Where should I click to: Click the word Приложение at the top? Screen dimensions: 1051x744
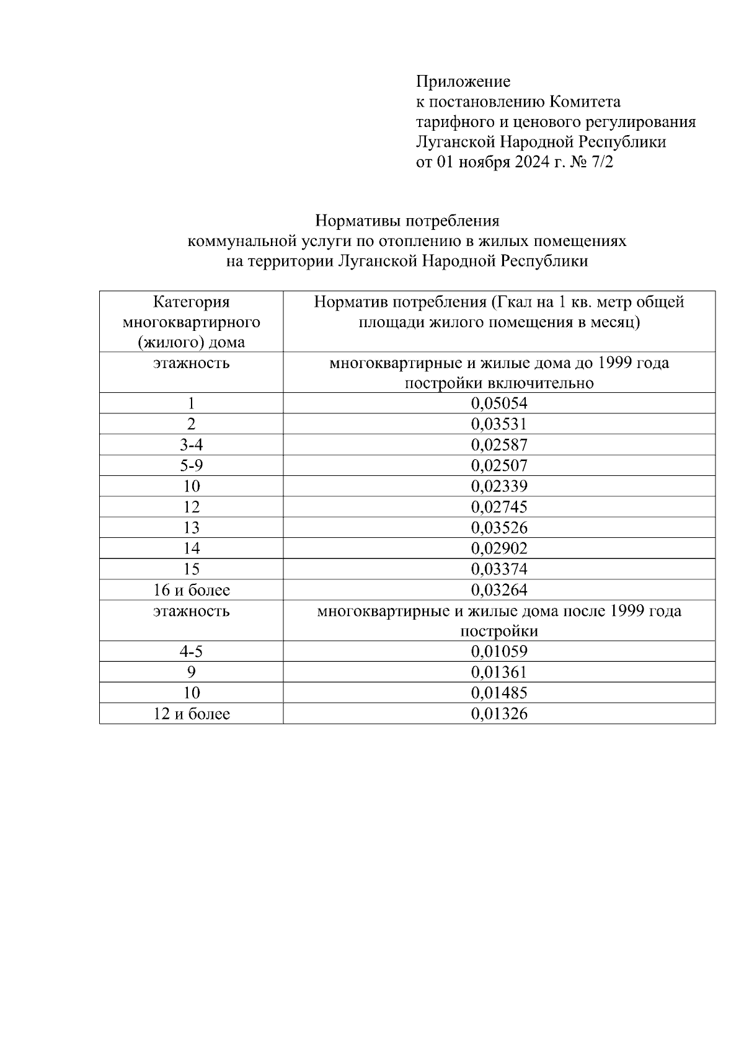click(463, 82)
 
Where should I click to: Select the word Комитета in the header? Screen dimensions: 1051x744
click(585, 102)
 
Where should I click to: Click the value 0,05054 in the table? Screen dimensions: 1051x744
click(499, 403)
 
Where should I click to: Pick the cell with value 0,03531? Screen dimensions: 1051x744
click(499, 424)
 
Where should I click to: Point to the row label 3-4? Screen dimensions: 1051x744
click(191, 445)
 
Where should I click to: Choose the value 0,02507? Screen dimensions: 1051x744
click(499, 465)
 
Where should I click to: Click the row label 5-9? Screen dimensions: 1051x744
click(191, 465)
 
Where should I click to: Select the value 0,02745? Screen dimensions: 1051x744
click(499, 507)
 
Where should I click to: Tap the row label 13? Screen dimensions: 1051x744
click(191, 527)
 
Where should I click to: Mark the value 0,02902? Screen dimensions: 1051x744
click(499, 548)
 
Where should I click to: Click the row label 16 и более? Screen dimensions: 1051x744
click(191, 590)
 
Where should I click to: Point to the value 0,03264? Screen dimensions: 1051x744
click(499, 590)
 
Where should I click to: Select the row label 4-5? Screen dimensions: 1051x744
click(191, 651)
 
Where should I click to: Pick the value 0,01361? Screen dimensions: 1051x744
click(499, 672)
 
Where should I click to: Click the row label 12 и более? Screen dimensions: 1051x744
click(191, 714)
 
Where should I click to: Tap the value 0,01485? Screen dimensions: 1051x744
click(499, 693)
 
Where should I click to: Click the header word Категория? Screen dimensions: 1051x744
click(191, 302)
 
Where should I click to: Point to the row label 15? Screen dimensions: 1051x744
click(191, 569)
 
